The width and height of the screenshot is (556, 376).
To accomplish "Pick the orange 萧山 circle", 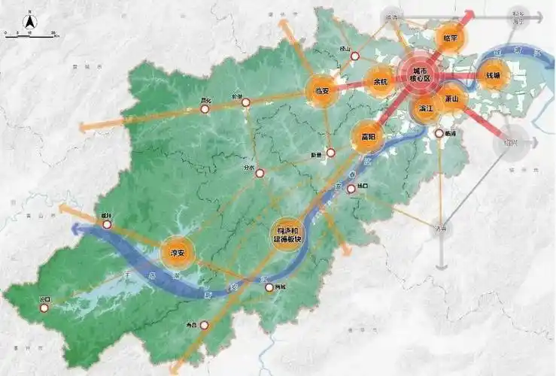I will [452, 98].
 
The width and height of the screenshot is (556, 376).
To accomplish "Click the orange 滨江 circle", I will [426, 108].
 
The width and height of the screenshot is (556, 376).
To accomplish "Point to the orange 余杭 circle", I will [380, 82].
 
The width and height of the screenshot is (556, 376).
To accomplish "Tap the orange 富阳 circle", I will [367, 136].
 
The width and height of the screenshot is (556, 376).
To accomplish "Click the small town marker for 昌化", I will [205, 109].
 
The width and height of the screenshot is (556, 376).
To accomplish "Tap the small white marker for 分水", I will [260, 174].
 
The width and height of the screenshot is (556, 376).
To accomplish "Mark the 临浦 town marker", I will [439, 134].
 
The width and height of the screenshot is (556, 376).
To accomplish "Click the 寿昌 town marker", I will [203, 326].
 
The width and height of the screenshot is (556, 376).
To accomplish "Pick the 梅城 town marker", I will [270, 287].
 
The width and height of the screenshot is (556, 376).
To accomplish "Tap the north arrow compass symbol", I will [29, 23].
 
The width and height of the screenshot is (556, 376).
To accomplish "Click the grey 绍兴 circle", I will [509, 141].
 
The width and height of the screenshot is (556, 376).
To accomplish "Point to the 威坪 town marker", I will [107, 223].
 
